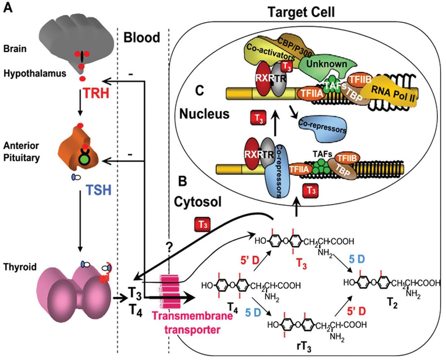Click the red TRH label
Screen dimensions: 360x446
[96, 93]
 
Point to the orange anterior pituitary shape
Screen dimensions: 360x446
[78, 152]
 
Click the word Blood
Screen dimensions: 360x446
[142, 37]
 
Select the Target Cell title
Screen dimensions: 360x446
[301, 12]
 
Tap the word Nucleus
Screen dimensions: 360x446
[204, 113]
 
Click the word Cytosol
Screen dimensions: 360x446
[198, 202]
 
